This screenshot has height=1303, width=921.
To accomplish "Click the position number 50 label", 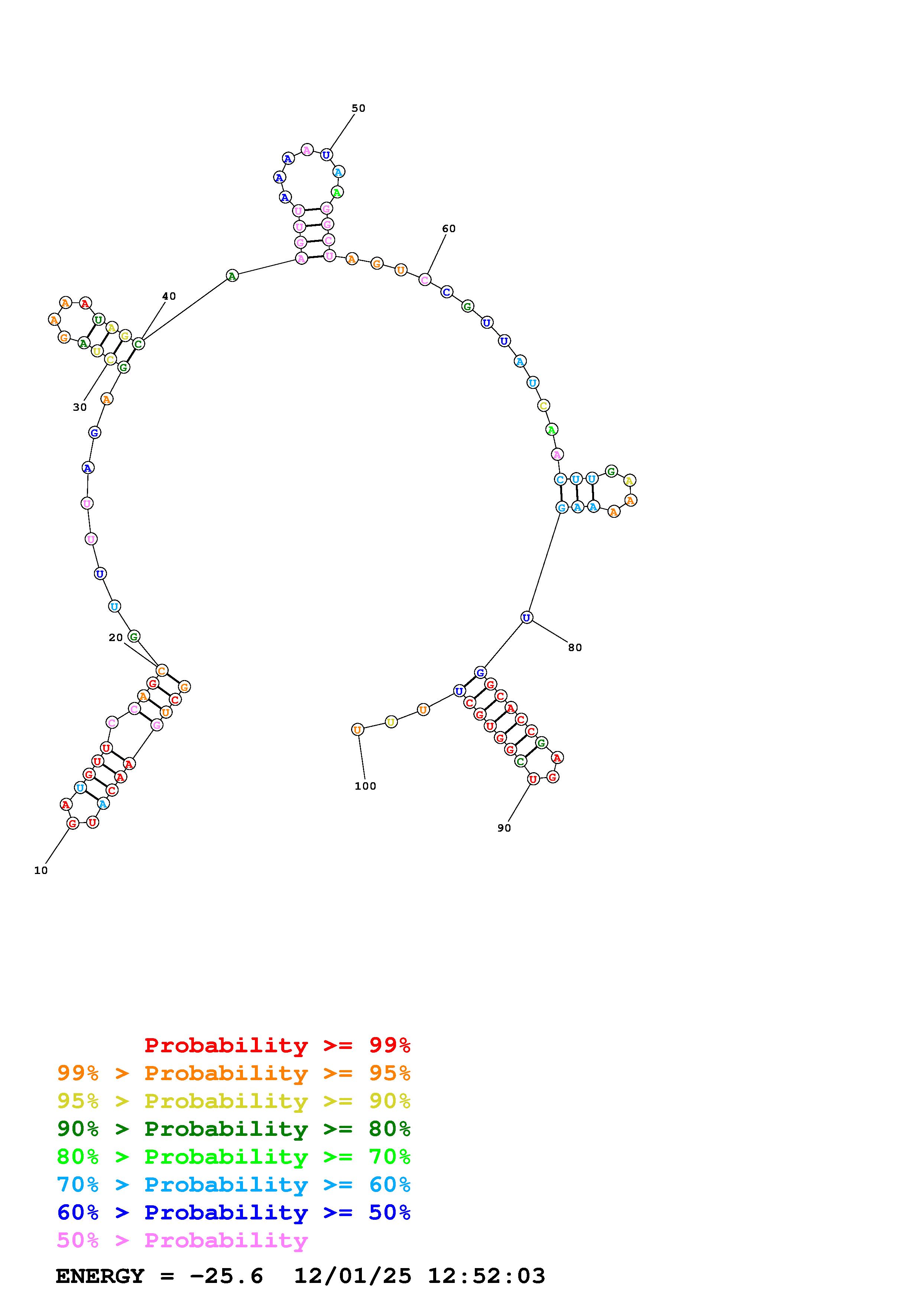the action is (x=358, y=108).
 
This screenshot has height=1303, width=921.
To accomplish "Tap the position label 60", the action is (x=448, y=229).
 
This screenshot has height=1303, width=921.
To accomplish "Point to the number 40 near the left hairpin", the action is (x=169, y=296).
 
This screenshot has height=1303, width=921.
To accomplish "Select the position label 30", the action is (x=80, y=407).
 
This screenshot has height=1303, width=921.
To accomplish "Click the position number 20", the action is (x=116, y=637).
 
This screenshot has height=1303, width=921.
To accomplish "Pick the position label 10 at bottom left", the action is (x=41, y=870).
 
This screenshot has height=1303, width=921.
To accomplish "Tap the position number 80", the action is (x=575, y=647).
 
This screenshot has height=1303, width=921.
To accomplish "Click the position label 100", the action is (x=366, y=786).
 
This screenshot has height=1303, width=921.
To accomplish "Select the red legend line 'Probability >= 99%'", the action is (x=278, y=1045).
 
